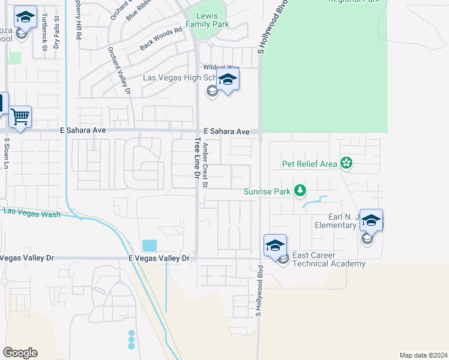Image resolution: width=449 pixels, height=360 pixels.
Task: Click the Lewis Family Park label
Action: [207, 19]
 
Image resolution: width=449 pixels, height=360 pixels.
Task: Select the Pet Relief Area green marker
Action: [346, 163]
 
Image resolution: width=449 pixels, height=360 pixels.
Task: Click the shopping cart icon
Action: [20, 116]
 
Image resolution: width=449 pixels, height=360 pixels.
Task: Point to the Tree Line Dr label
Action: [196, 158]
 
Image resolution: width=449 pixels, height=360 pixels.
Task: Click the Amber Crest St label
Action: [205, 165]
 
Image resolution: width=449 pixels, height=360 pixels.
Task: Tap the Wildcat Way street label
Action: [221, 68]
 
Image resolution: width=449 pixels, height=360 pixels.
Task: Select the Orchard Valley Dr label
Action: [119, 71]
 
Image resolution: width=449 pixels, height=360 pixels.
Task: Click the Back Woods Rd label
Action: [160, 38]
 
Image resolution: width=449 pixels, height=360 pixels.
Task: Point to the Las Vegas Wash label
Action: [32, 212]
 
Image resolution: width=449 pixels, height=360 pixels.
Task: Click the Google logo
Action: [20, 353]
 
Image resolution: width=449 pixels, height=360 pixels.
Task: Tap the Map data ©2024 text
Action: [423, 355]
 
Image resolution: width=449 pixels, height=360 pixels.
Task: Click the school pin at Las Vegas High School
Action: [228, 80]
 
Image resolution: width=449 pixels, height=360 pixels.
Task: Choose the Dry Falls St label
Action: [56, 34]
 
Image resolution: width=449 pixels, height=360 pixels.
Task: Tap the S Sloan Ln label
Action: [7, 153]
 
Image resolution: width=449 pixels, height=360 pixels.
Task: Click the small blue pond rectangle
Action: [149, 246]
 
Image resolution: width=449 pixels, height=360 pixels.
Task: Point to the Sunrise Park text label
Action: [267, 192]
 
